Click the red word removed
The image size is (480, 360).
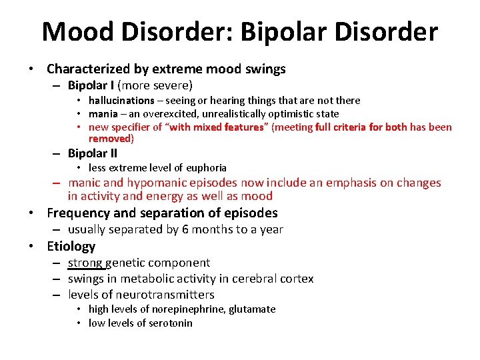tap(109, 139)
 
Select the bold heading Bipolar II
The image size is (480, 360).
tap(93, 153)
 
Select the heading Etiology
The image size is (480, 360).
tap(71, 246)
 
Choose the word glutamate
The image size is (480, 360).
tap(252, 309)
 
